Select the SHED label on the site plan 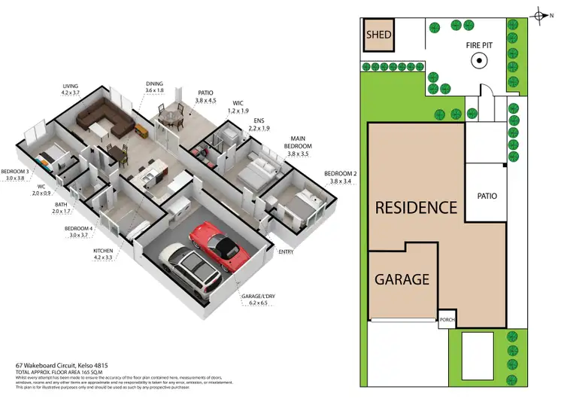pyautogui.click(x=378, y=35)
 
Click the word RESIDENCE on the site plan pyautogui.click(x=416, y=207)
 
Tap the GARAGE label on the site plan pyautogui.click(x=402, y=279)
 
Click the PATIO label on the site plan pyautogui.click(x=487, y=196)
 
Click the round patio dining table pyautogui.click(x=172, y=117)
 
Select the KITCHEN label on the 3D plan pyautogui.click(x=103, y=251)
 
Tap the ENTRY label pyautogui.click(x=286, y=252)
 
